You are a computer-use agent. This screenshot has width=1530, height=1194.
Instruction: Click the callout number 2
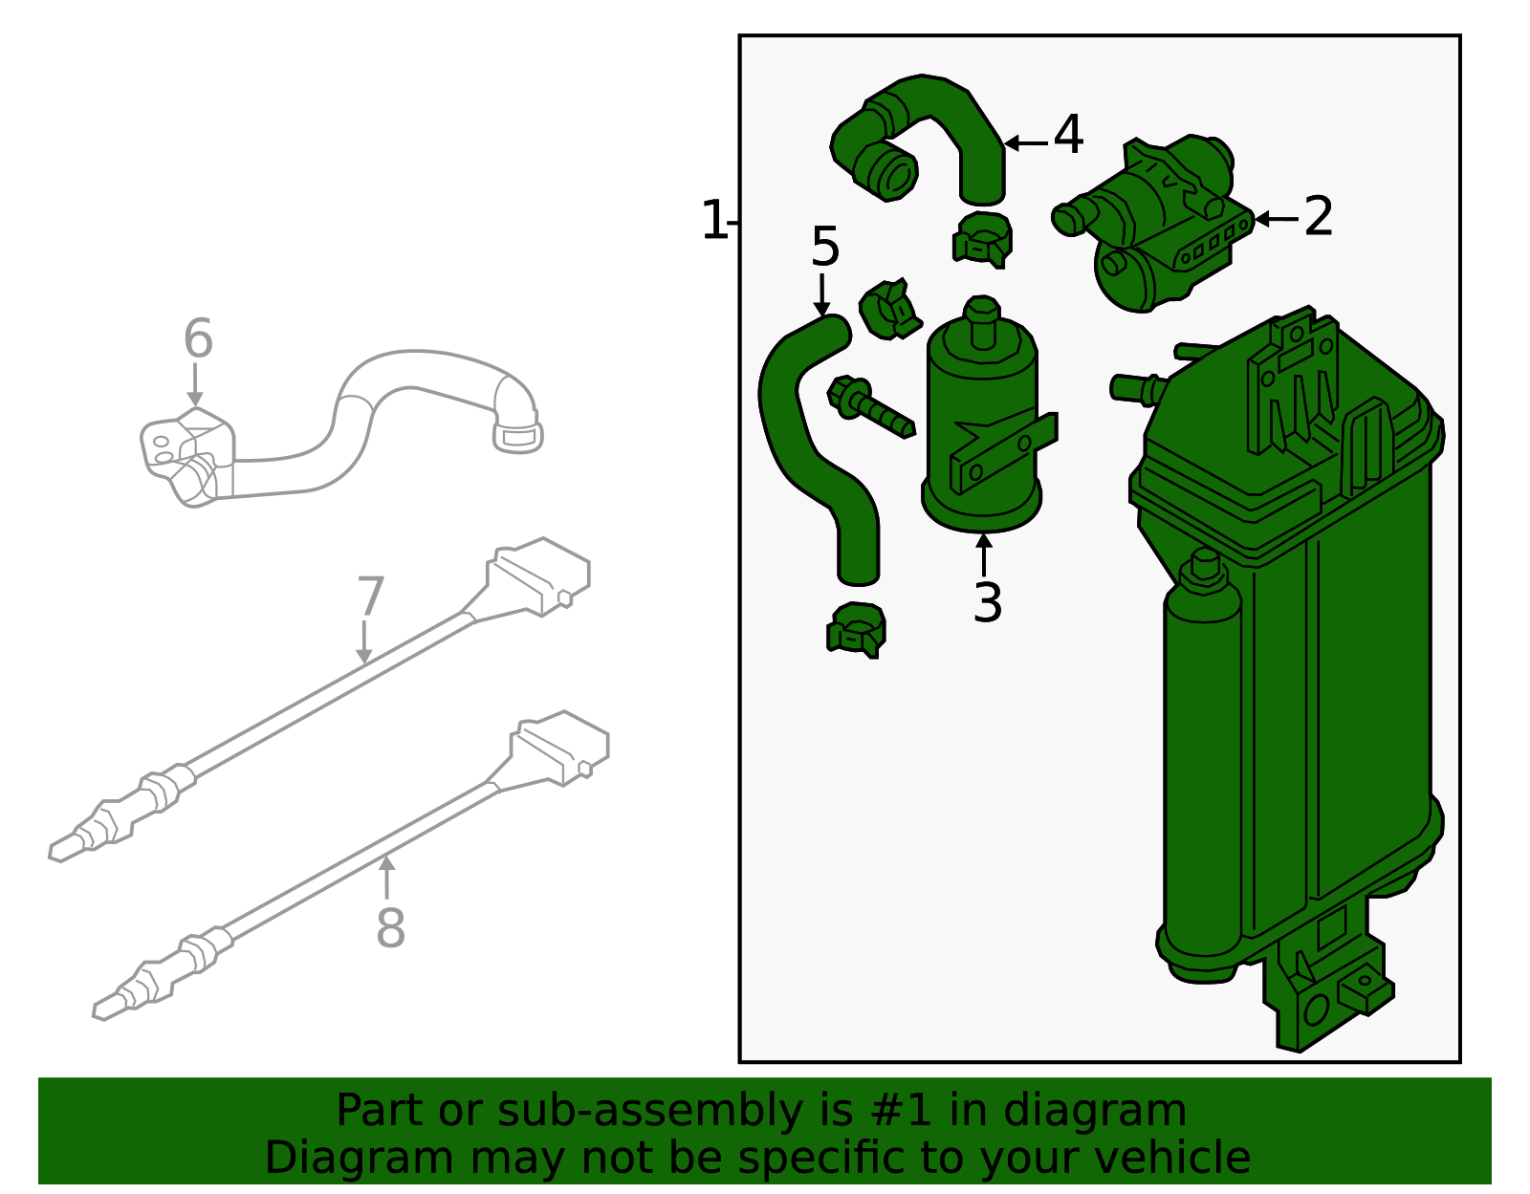[x=1319, y=217]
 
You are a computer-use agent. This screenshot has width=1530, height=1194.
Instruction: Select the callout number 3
[x=987, y=603]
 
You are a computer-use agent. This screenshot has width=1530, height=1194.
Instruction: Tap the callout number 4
[x=1068, y=135]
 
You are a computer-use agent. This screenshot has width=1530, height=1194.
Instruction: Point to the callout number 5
[x=824, y=248]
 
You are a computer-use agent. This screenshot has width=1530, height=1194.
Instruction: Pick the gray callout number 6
[x=198, y=339]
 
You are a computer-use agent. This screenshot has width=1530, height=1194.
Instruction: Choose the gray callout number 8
[x=390, y=928]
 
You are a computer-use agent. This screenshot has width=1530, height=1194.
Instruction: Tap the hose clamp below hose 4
[x=982, y=239]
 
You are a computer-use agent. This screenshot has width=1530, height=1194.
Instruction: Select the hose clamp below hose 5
[x=856, y=630]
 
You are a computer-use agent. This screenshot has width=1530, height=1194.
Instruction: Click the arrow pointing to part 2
[x=1276, y=219]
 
